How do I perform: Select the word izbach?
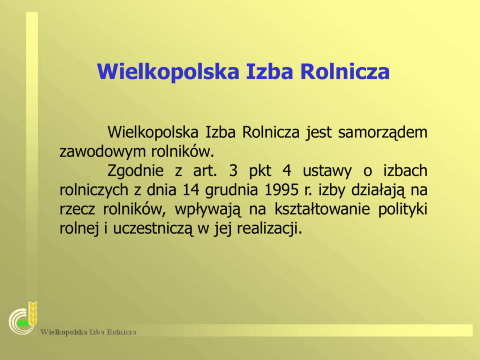405,170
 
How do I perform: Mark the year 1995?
281,190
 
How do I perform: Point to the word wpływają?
208,210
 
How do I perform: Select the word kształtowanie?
322,210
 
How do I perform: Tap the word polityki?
403,210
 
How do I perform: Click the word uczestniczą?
153,229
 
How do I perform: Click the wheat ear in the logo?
33,313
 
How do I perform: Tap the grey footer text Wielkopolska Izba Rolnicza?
89,332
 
